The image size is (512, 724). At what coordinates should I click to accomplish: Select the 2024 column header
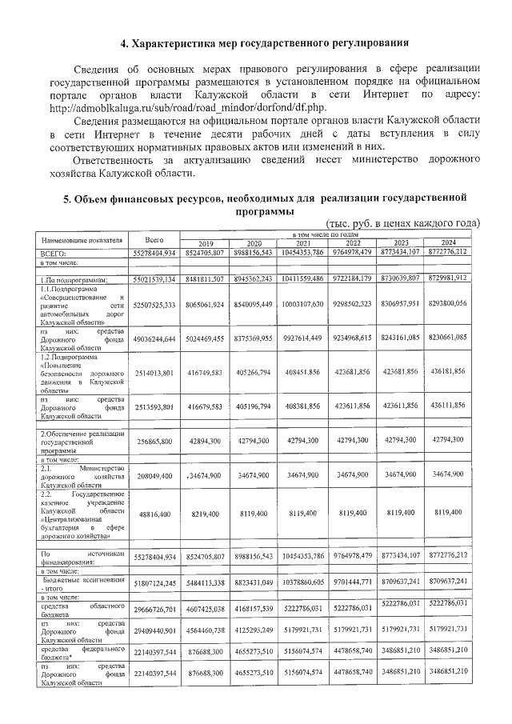click(447, 243)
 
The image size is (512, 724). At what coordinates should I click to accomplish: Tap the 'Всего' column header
click(150, 239)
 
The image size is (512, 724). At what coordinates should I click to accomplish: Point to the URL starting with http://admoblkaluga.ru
click(188, 106)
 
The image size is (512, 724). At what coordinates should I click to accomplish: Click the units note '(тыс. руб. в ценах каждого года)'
click(402, 223)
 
